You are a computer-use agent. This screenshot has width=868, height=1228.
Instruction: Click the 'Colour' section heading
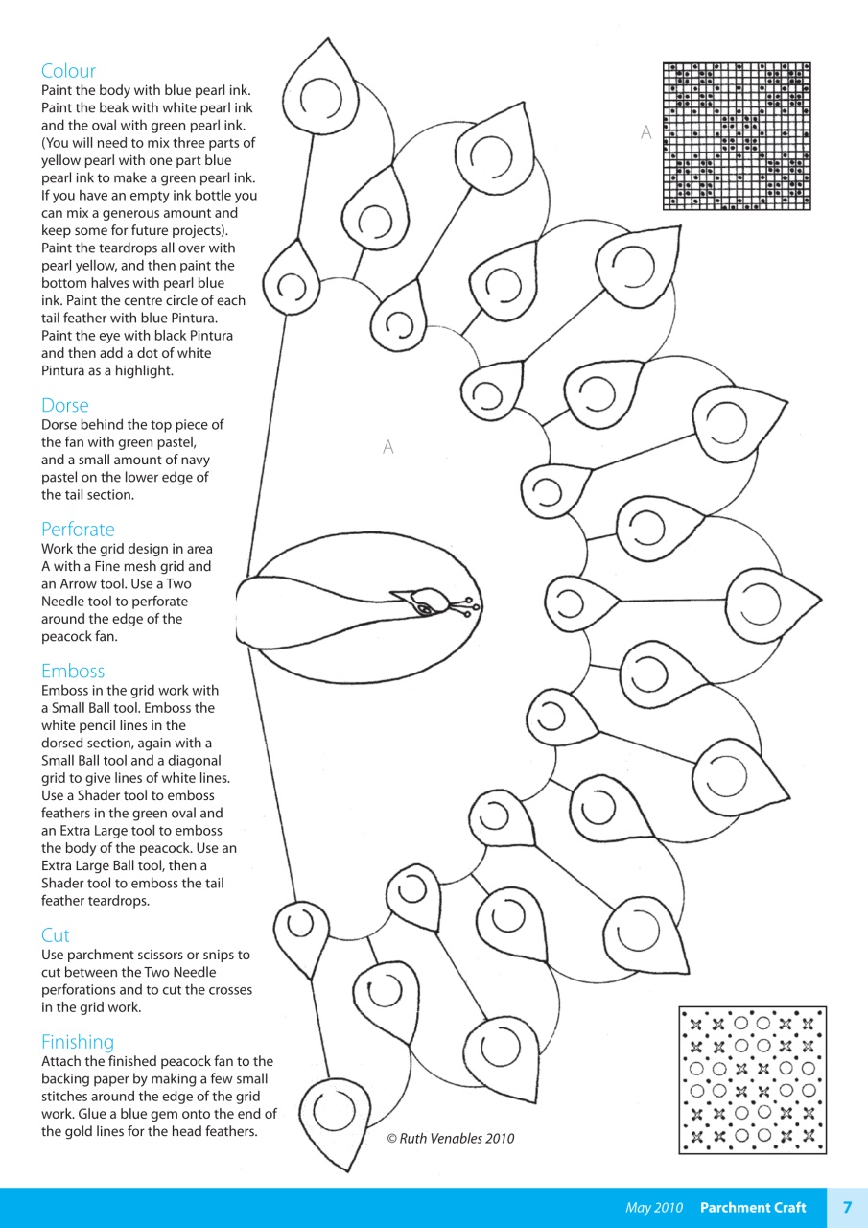pyautogui.click(x=68, y=71)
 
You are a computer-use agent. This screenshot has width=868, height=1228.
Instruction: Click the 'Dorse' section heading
pyautogui.click(x=64, y=405)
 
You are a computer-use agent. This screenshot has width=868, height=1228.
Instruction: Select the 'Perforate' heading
pyautogui.click(x=78, y=530)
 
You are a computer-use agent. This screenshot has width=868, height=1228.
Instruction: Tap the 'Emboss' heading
pyautogui.click(x=73, y=671)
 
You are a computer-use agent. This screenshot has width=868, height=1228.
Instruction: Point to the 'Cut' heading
pyautogui.click(x=56, y=934)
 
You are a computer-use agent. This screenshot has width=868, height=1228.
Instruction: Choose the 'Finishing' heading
pyautogui.click(x=78, y=1042)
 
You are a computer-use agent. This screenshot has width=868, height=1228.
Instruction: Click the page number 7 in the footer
pyautogui.click(x=847, y=1207)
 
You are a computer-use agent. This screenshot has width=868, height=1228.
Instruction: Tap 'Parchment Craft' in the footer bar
pyautogui.click(x=753, y=1208)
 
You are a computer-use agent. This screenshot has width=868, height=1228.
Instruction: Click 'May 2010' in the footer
pyautogui.click(x=654, y=1208)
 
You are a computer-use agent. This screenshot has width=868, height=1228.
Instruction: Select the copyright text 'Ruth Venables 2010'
pyautogui.click(x=450, y=1139)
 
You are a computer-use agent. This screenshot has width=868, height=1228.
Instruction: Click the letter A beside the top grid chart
pyautogui.click(x=646, y=133)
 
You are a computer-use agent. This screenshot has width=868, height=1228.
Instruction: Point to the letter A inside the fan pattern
pyautogui.click(x=388, y=447)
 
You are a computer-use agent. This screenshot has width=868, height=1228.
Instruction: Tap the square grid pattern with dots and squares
pyautogui.click(x=737, y=135)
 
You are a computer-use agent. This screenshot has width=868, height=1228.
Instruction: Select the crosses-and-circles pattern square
pyautogui.click(x=752, y=1079)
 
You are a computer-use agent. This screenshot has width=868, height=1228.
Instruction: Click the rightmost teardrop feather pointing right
pyautogui.click(x=775, y=602)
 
